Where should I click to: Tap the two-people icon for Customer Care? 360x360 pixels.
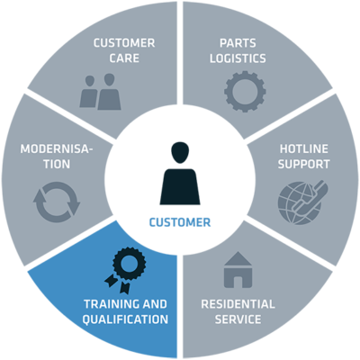tap(100, 92)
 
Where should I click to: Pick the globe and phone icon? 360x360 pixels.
tap(303, 200)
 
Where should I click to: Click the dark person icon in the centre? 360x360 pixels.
tap(180, 174)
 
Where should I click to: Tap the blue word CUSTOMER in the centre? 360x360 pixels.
tap(180, 222)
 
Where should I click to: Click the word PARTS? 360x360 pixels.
tap(238, 43)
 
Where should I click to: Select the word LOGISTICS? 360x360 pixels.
tap(238, 58)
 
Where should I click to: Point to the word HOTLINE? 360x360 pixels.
tap(303, 148)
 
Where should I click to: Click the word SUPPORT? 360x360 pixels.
tap(303, 164)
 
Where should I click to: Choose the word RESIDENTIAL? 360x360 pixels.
tap(238, 304)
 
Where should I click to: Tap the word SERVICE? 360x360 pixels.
tap(238, 319)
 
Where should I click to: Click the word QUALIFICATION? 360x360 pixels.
tap(125, 319)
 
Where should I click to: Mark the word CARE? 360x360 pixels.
tap(124, 58)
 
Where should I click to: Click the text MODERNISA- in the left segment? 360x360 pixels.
tap(57, 148)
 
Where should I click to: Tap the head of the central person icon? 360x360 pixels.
tap(180, 152)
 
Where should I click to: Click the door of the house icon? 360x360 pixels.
tap(238, 282)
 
